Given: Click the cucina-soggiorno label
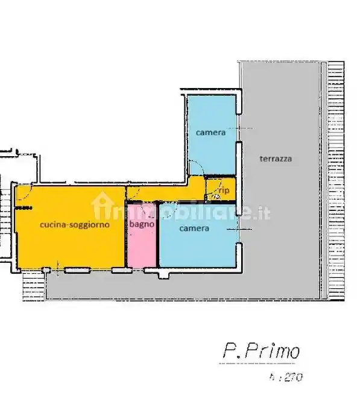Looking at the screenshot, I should point(74,225).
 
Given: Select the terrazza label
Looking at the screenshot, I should point(276,159).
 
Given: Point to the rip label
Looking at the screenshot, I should point(224,191).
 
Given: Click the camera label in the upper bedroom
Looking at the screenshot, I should point(210,132).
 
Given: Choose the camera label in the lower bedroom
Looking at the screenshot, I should point(194,229).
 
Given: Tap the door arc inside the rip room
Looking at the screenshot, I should point(215,195).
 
